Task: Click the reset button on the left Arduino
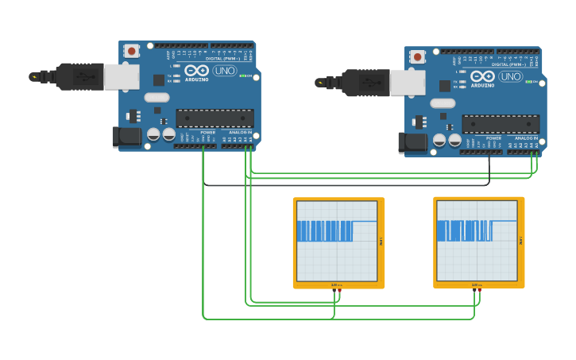(x=131, y=51)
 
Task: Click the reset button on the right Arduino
(x=417, y=56)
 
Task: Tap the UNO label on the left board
(x=224, y=71)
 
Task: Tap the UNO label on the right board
(x=510, y=76)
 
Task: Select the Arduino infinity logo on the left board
(x=196, y=71)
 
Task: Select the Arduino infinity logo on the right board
(x=482, y=76)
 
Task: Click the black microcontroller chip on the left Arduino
(x=215, y=118)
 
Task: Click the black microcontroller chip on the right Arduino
(x=501, y=124)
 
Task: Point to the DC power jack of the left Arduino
(x=126, y=137)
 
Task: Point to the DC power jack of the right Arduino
(x=412, y=142)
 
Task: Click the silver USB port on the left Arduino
(x=122, y=76)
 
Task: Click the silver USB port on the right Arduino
(x=408, y=82)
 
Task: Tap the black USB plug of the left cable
(x=79, y=76)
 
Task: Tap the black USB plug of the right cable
(x=365, y=82)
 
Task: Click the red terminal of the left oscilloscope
(x=340, y=290)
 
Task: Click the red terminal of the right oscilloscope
(x=480, y=290)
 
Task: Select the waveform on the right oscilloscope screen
(x=464, y=230)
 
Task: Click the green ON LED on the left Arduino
(x=242, y=76)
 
